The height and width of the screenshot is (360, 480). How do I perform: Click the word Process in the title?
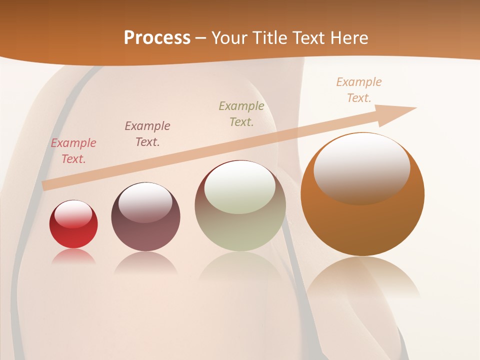[x=157, y=38]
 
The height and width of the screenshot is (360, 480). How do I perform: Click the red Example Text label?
[x=73, y=151]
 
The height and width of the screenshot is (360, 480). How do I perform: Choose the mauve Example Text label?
[x=147, y=134]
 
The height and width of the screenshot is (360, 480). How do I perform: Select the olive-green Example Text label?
[x=241, y=113]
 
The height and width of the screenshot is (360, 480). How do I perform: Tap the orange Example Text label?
[x=359, y=90]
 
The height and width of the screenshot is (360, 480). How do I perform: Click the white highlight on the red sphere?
[x=73, y=213]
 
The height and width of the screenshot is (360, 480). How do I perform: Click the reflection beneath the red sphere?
[x=73, y=256]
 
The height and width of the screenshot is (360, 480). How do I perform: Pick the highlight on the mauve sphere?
[x=145, y=202]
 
